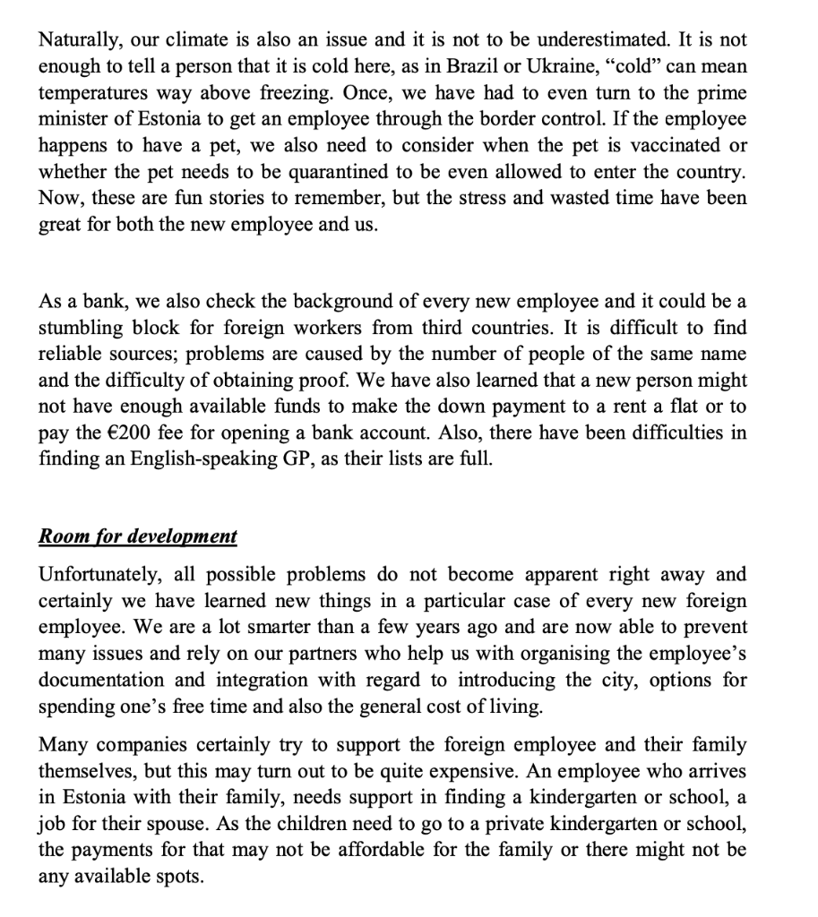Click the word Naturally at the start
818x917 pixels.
click(80, 40)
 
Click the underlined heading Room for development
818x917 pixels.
click(138, 536)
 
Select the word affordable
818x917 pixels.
click(376, 849)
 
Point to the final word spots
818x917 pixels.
click(178, 875)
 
